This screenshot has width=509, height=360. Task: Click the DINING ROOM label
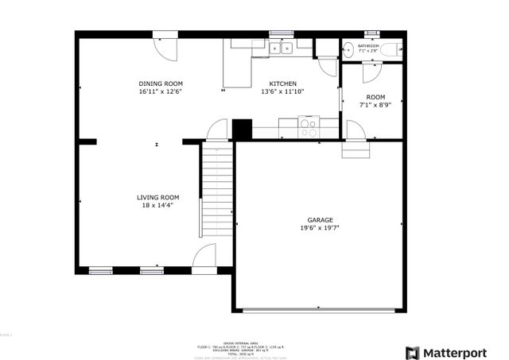point(161,83)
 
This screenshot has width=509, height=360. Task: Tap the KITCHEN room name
point(282,83)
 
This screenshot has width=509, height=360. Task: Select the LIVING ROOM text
point(157,197)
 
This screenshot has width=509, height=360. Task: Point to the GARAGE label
point(321,220)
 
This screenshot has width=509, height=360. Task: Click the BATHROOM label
point(368,46)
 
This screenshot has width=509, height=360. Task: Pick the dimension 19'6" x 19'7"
point(321,228)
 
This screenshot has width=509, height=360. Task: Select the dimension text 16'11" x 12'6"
point(161,91)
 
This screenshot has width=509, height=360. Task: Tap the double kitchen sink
point(281,48)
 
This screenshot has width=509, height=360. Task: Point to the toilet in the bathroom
point(388,49)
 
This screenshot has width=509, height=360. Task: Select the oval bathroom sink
point(348,49)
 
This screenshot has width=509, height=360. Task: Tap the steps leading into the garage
point(356,149)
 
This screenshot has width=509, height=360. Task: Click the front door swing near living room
point(204,256)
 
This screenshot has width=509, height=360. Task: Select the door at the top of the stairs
point(217,130)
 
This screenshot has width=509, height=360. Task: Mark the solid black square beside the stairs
point(242,130)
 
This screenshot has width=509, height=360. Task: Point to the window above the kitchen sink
point(281,33)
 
